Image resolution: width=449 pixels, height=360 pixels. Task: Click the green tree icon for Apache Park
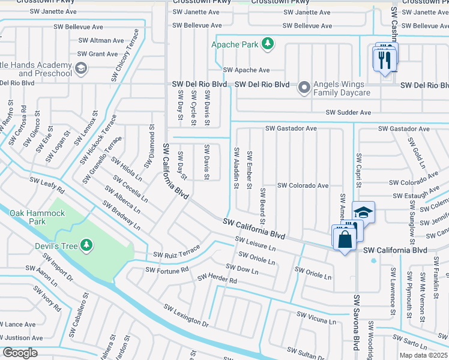point(268,44)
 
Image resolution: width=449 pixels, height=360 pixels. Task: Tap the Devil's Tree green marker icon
point(87,244)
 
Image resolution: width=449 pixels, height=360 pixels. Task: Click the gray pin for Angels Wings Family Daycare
point(304,88)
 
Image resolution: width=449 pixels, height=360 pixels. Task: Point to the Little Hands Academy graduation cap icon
point(80,69)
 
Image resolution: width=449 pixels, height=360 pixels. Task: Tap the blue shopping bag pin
point(345,239)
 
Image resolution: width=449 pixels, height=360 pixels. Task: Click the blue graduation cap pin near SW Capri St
point(363,212)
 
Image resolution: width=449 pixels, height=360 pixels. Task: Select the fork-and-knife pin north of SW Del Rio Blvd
point(385,59)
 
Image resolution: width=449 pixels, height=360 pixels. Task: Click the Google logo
point(19,353)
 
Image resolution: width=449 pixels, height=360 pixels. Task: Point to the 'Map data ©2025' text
point(423,355)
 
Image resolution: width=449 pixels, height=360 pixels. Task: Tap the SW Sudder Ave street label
point(349,112)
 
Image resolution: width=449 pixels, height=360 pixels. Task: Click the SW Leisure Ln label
point(256,244)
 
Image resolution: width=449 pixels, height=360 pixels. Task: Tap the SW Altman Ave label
point(101,40)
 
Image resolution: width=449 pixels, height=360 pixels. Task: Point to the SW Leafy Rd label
point(47,185)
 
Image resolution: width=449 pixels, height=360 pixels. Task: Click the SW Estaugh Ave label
point(417,196)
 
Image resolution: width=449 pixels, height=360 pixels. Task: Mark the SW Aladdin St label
point(236,167)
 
